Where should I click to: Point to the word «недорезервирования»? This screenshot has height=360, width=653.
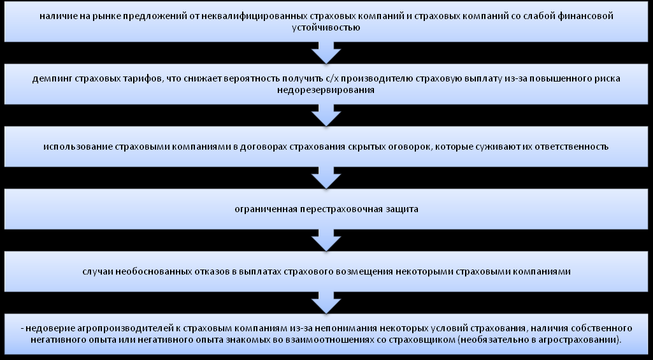[x=325, y=90]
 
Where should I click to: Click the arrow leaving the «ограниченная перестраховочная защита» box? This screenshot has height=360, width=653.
[x=326, y=240]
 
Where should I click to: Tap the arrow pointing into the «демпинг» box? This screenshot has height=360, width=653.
[x=326, y=52]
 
